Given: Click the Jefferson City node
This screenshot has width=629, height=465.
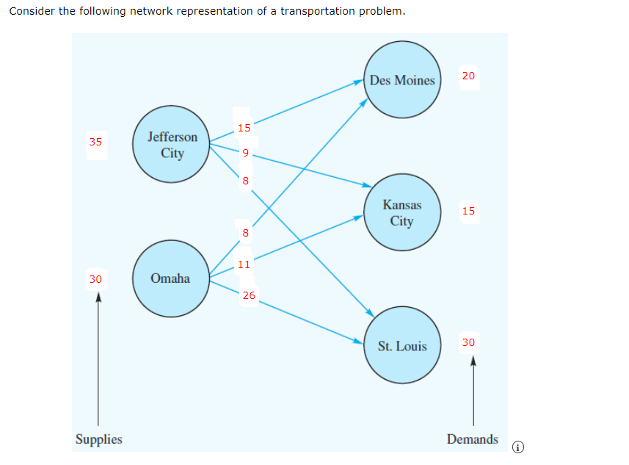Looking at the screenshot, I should (x=172, y=145).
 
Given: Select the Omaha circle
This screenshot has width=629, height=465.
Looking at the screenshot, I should (x=170, y=278).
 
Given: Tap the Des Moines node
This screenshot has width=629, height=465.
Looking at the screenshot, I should (x=402, y=80).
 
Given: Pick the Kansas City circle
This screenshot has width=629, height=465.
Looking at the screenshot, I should (x=401, y=212).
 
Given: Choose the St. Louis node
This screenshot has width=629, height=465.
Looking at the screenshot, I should (x=402, y=346).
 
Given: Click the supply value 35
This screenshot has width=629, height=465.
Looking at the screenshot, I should (x=95, y=142).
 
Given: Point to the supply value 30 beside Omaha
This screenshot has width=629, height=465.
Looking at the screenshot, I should (x=95, y=279).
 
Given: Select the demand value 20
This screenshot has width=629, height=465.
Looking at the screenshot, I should (x=469, y=76).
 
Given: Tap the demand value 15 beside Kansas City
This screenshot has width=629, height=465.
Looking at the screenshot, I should (x=469, y=212).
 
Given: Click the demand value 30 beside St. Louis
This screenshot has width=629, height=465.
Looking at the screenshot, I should (x=469, y=342).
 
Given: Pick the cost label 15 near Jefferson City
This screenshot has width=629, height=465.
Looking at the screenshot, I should (x=244, y=128).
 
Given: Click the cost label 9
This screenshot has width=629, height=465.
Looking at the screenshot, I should (x=246, y=153).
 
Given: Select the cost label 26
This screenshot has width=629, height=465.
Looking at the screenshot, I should (x=249, y=295).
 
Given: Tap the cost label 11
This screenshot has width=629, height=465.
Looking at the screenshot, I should (x=244, y=264).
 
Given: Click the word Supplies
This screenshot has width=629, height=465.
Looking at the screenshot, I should (x=98, y=439).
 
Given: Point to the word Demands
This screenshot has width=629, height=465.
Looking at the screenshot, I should (x=472, y=439).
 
